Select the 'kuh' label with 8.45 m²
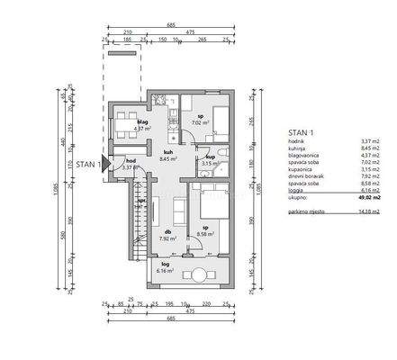pyautogui.click(x=167, y=152)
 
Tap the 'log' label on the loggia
pyautogui.click(x=165, y=265)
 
